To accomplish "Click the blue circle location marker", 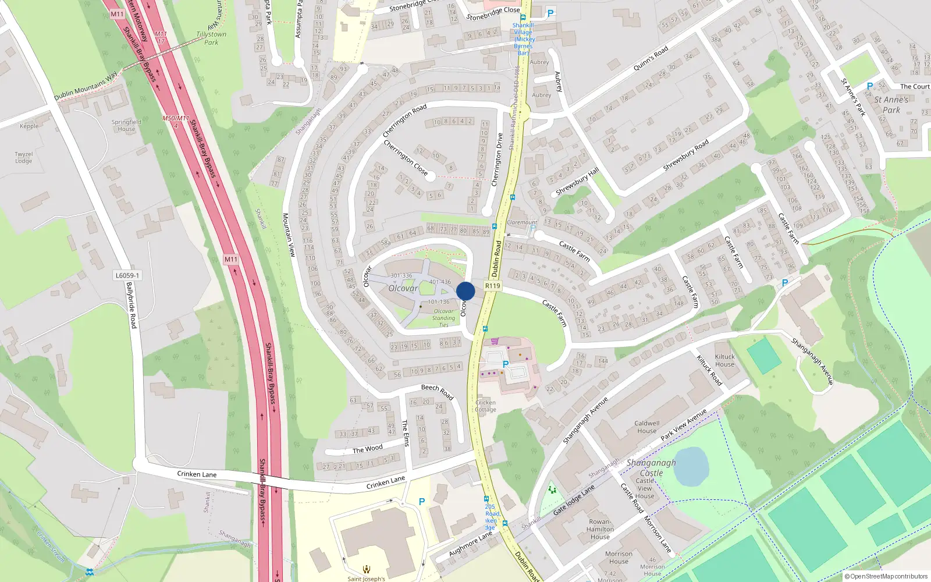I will click(465, 291).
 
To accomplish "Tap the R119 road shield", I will click(492, 286).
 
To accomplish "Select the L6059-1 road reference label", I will click(127, 275).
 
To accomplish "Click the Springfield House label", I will click(126, 126).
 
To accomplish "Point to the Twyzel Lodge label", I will click(24, 158).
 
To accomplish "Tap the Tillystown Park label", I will click(211, 38).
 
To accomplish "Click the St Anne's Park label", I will click(891, 105).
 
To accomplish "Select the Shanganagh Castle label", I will click(651, 468).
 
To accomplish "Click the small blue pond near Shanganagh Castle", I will click(691, 466).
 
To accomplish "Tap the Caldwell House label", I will click(646, 427).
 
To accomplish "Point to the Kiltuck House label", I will click(724, 361).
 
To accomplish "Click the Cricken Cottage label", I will click(485, 406).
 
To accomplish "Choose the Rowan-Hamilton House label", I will click(600, 529).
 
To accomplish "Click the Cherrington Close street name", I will click(406, 158).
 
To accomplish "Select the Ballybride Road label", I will click(132, 305).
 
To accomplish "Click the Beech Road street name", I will click(437, 391).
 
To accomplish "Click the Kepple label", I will click(29, 126).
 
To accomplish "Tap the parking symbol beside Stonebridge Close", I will click(550, 13).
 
